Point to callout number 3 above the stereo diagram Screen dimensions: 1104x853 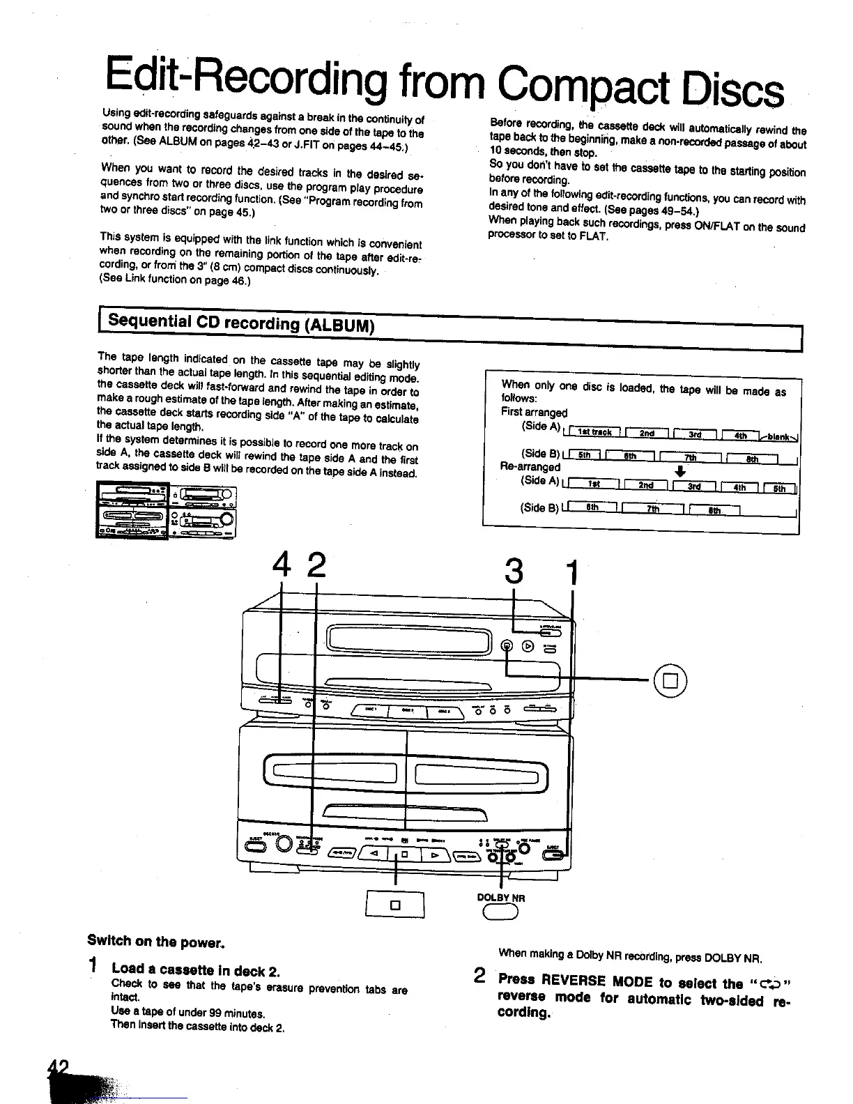pyautogui.click(x=514, y=572)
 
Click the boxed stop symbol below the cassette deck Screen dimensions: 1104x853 pyautogui.click(x=395, y=905)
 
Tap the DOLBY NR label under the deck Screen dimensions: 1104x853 pyautogui.click(x=500, y=898)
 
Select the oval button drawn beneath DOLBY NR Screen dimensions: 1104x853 pyautogui.click(x=501, y=912)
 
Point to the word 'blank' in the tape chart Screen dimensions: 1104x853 pyautogui.click(x=779, y=437)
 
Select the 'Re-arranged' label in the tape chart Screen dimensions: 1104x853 pyautogui.click(x=530, y=466)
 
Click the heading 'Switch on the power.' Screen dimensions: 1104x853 pyautogui.click(x=155, y=942)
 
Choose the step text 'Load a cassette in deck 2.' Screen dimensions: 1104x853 pyautogui.click(x=196, y=970)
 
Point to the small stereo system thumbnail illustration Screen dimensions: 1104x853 pyautogui.click(x=167, y=511)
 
